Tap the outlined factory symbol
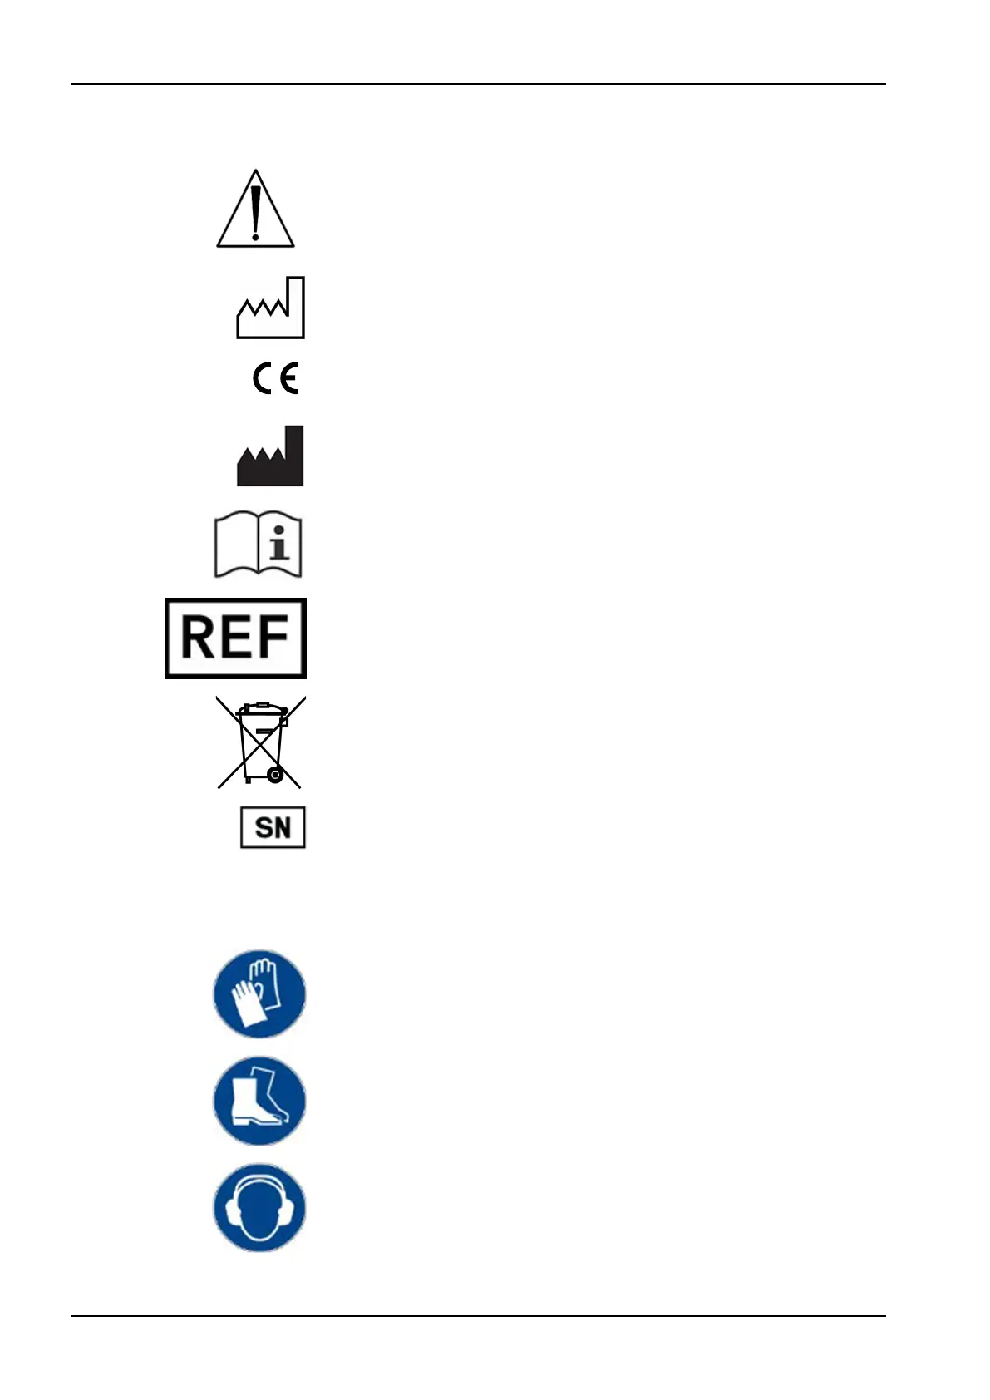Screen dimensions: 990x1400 (x=271, y=309)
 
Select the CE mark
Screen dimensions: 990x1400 (x=275, y=379)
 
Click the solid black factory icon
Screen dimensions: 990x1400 (x=270, y=457)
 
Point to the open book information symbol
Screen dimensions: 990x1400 (x=259, y=546)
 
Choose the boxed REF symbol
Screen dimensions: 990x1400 (x=235, y=638)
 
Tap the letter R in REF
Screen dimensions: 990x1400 (x=198, y=638)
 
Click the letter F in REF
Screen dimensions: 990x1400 (x=272, y=638)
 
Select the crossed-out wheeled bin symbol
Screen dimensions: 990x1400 (x=261, y=742)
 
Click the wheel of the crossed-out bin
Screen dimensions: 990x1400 (x=274, y=776)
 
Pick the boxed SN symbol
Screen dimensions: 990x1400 (x=273, y=827)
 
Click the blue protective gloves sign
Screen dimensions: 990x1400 (x=259, y=994)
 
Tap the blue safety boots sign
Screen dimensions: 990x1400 (x=259, y=1102)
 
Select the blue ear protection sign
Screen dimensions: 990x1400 (x=259, y=1208)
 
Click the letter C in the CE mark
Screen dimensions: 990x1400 (x=264, y=379)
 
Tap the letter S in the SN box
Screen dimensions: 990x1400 (x=263, y=828)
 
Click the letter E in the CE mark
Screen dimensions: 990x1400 (x=288, y=379)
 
